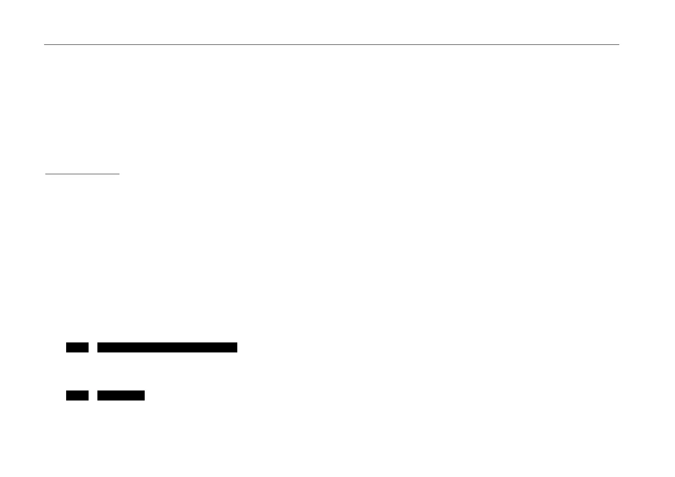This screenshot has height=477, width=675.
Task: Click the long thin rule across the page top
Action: click(x=331, y=44)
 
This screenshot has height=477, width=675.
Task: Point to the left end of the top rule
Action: click(x=44, y=44)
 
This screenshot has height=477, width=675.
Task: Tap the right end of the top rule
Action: click(x=619, y=44)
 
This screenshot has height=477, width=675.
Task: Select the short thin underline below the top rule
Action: click(x=82, y=174)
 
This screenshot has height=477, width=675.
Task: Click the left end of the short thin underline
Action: click(x=45, y=174)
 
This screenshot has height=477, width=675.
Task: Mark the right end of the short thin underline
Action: click(x=119, y=174)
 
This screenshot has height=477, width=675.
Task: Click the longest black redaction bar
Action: click(x=167, y=347)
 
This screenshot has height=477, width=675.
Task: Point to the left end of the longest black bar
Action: click(x=98, y=347)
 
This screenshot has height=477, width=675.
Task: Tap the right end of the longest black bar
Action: click(x=236, y=347)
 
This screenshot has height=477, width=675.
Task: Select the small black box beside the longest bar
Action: click(x=77, y=347)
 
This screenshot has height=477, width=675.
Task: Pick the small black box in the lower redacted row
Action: click(x=77, y=395)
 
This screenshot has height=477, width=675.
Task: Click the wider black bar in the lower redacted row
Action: click(x=121, y=395)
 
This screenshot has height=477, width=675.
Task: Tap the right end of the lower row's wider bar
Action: click(x=144, y=395)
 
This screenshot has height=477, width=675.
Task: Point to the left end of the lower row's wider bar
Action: click(x=98, y=395)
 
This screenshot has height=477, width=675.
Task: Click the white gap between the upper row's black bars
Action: click(x=93, y=347)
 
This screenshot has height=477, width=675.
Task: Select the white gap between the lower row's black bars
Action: click(x=93, y=395)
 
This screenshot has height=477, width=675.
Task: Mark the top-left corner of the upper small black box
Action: click(x=67, y=343)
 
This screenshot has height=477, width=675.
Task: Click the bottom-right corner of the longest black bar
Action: click(x=237, y=352)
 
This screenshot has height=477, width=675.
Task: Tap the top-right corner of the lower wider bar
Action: click(x=144, y=391)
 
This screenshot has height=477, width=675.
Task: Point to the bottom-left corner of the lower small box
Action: click(x=67, y=400)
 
